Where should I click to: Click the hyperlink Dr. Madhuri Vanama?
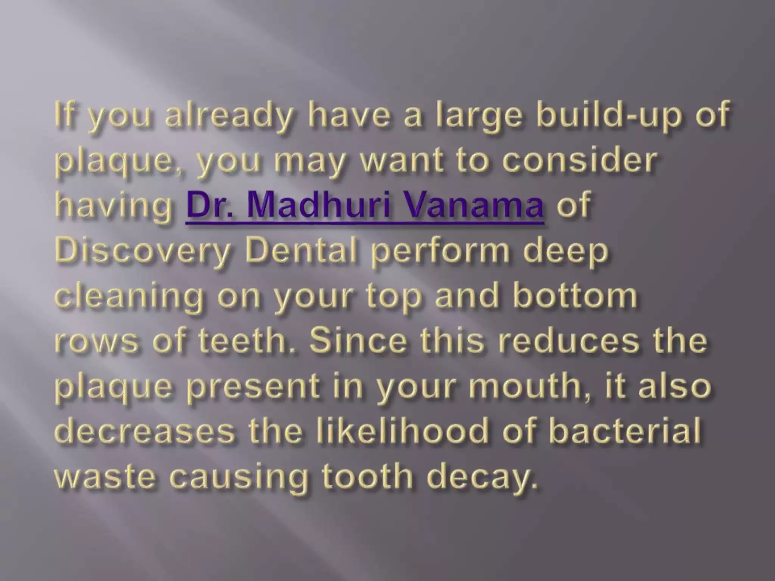364,206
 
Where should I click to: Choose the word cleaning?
129,297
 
